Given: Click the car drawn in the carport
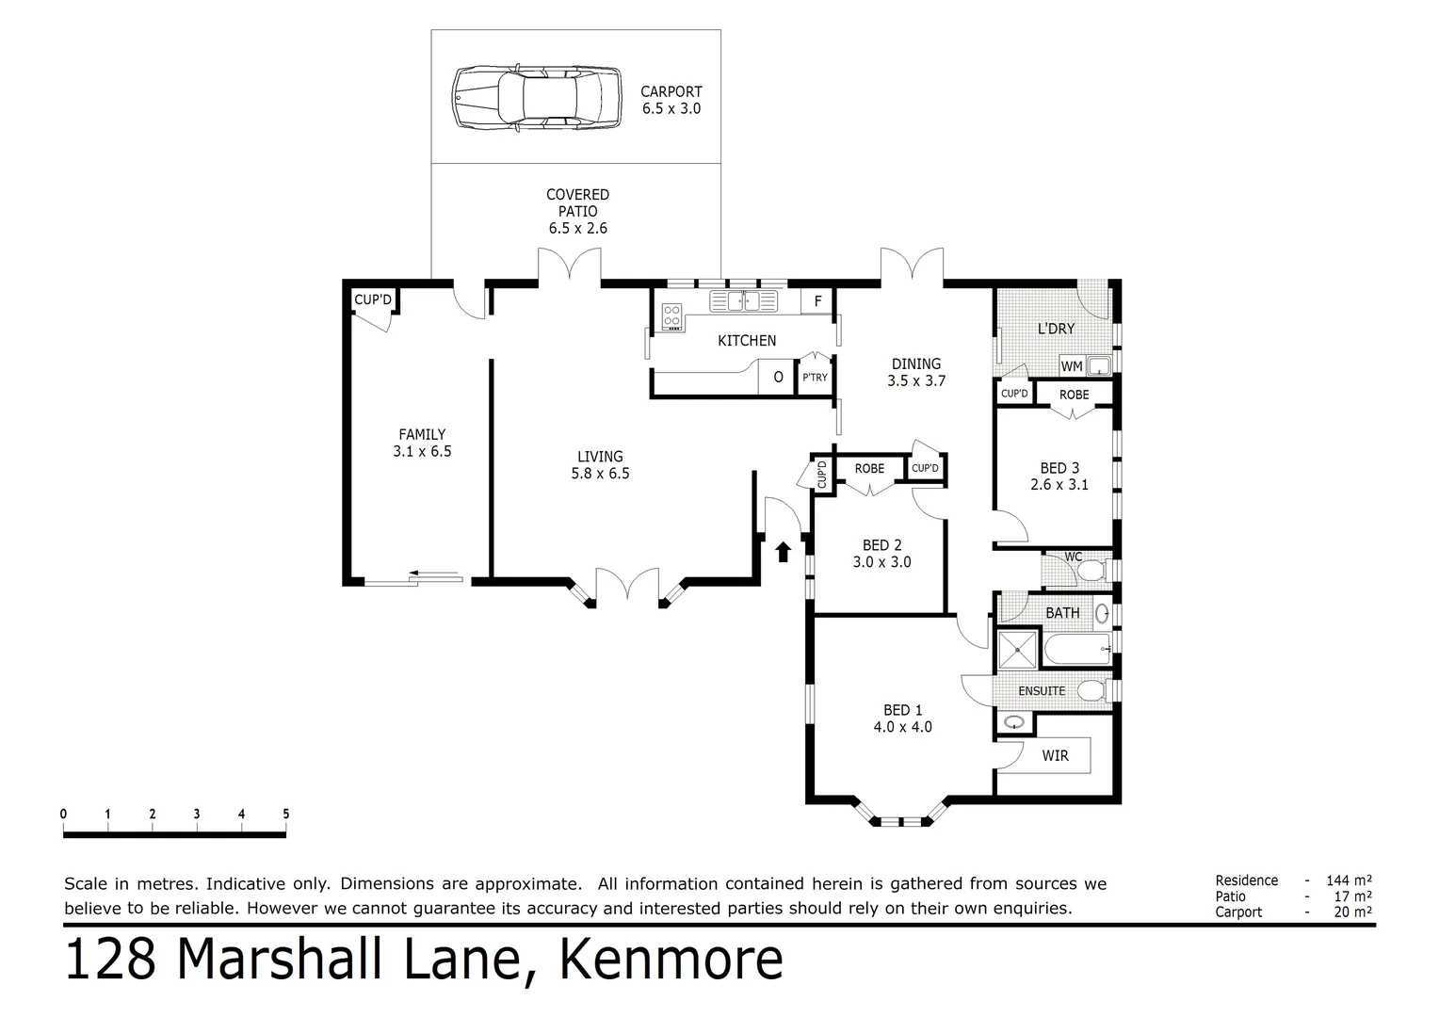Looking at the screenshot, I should (x=536, y=97).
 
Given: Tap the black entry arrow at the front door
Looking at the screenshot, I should (x=783, y=551).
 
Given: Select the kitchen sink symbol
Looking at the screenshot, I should (x=743, y=301).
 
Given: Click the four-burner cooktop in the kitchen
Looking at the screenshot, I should (x=671, y=315).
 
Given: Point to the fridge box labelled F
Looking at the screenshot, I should (x=817, y=301).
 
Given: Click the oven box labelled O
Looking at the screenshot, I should (x=778, y=378).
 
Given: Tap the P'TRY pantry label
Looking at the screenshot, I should (x=815, y=378).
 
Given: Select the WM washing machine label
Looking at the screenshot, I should (x=1072, y=366).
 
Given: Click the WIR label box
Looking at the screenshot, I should (x=1055, y=755).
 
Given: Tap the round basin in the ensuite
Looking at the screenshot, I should (x=1014, y=723).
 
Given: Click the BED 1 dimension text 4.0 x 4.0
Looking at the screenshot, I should (x=902, y=727).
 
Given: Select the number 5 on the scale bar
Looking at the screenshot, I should (x=285, y=815).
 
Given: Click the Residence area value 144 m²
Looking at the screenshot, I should (x=1349, y=880).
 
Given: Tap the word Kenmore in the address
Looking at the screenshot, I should (x=671, y=960).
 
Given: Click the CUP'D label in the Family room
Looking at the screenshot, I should (x=373, y=300).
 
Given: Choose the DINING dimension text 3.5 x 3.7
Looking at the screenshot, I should (x=915, y=381).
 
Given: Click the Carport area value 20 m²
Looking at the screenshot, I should (x=1354, y=912).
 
